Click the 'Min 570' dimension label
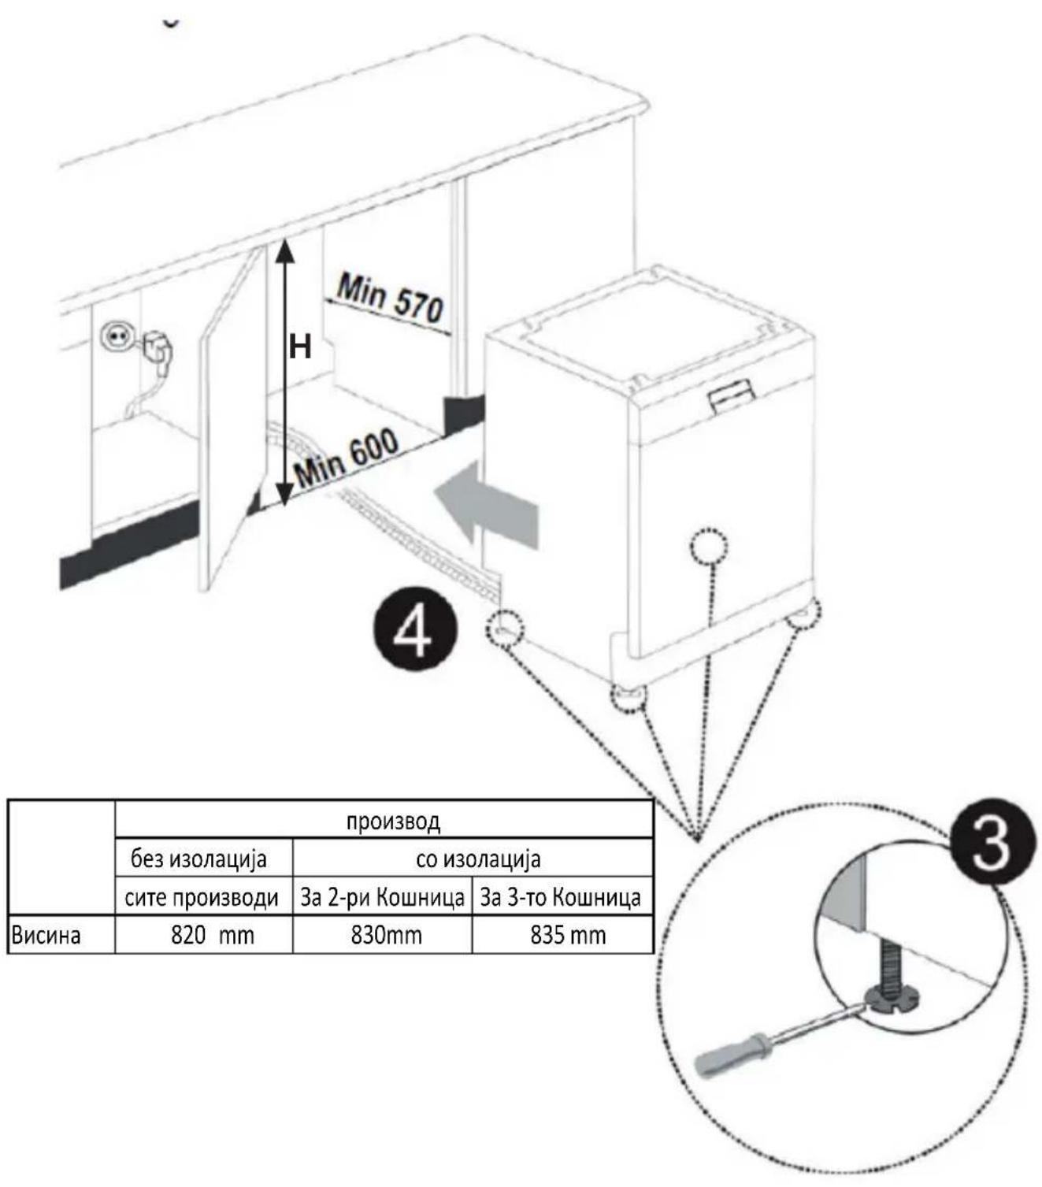point(390,299)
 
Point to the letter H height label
point(300,348)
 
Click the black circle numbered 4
point(413,634)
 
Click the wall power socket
point(113,338)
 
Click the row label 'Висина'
point(46,935)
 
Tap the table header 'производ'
point(393,822)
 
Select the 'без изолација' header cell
point(198,859)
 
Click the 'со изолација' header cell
point(478,859)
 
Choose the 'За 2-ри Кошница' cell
point(382,898)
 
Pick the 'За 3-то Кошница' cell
point(560,898)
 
